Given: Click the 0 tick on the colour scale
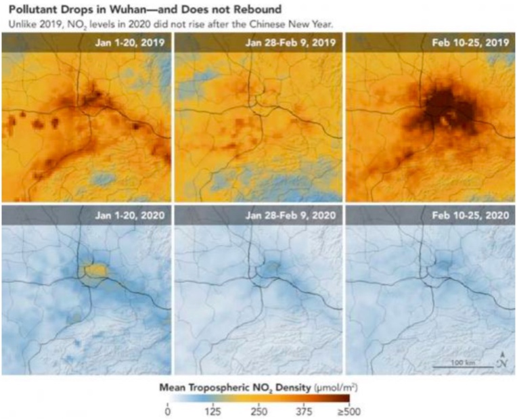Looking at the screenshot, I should (x=168, y=411).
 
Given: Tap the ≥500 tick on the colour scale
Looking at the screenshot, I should (x=348, y=411).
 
